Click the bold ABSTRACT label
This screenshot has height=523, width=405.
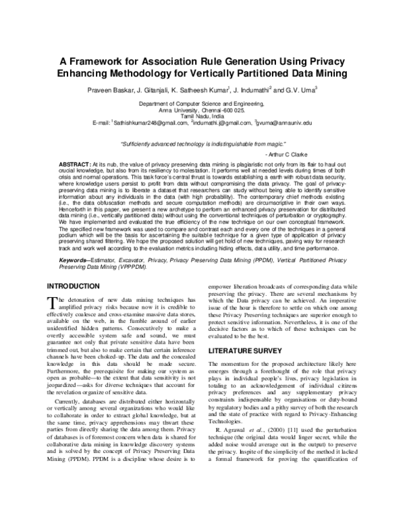75,165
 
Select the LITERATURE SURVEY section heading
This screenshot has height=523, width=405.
244,352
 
